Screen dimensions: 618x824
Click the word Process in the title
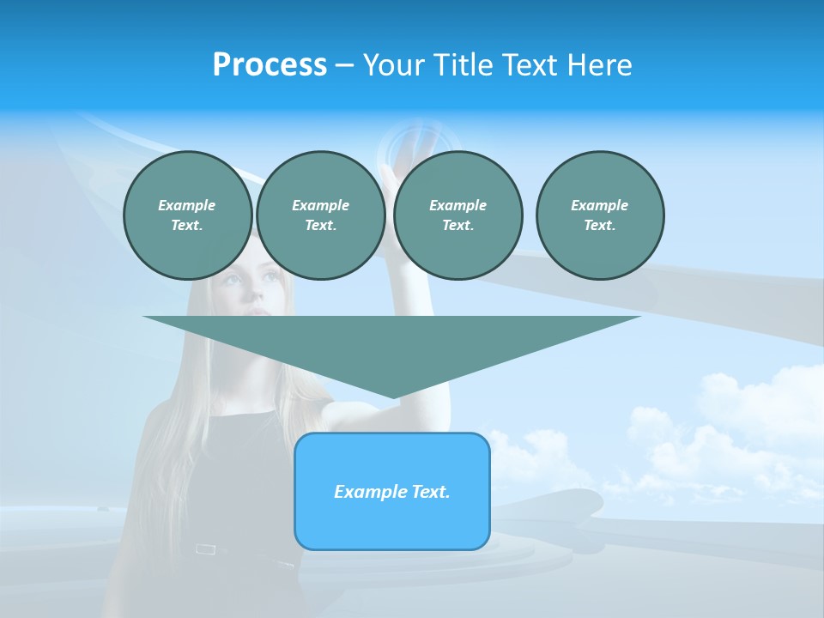click(x=270, y=64)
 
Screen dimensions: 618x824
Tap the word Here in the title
click(x=599, y=64)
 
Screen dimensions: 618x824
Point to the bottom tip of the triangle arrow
click(x=392, y=397)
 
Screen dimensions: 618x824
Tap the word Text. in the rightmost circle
click(x=600, y=225)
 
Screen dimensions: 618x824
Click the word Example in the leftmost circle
click(x=187, y=205)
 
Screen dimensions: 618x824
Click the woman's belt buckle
click(x=205, y=548)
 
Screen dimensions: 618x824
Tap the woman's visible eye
click(x=230, y=280)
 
